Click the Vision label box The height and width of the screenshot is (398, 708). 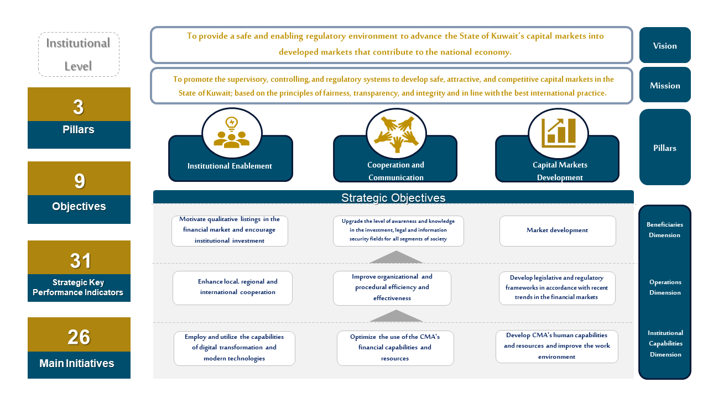[665, 45]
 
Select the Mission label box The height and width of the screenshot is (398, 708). [665, 85]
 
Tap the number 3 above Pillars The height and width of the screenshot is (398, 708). [79, 107]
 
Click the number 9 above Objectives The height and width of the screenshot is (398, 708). [79, 181]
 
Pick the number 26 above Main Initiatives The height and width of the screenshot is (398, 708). [79, 337]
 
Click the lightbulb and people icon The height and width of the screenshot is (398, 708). [232, 133]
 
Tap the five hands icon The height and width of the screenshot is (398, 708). [396, 133]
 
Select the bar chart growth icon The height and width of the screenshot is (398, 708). [558, 133]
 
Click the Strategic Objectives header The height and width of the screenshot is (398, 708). [393, 197]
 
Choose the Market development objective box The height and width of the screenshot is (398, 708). [558, 231]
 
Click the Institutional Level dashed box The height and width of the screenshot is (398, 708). [79, 54]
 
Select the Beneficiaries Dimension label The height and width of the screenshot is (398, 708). [665, 230]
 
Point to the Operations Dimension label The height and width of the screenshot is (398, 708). [665, 287]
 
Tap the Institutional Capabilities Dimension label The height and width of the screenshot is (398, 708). [665, 343]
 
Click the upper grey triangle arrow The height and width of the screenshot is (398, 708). [396, 258]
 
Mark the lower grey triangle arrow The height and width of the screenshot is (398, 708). [396, 317]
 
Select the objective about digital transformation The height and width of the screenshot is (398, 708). [235, 348]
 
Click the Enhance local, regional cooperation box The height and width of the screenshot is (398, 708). [232, 287]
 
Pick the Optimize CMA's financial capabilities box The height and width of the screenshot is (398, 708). [395, 348]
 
